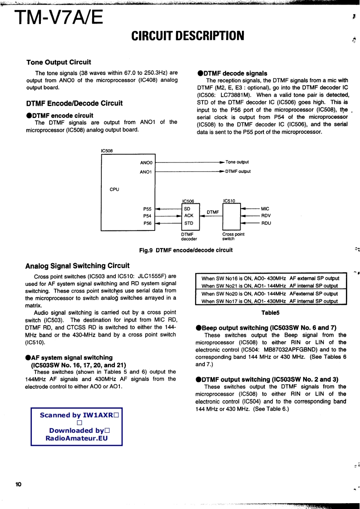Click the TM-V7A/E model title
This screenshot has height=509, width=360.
(59, 18)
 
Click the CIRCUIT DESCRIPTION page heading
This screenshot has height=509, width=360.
(187, 35)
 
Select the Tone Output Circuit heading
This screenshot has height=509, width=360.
(59, 62)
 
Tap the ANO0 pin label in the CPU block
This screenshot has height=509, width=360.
(146, 162)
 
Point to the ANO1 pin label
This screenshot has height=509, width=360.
(146, 172)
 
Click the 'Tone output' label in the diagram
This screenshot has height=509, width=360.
(237, 162)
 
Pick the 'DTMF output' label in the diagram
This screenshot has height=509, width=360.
(238, 171)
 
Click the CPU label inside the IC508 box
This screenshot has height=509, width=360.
(114, 189)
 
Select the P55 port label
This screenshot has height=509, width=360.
(147, 209)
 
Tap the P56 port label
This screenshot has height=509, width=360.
(147, 223)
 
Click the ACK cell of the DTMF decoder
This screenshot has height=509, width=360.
(188, 216)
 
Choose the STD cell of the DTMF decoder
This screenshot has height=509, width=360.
(188, 223)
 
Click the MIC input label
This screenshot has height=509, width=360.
(266, 209)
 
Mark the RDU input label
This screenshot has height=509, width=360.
(266, 223)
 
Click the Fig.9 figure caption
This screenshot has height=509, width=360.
(186, 250)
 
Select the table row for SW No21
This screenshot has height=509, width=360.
(270, 286)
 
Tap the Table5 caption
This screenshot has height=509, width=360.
(270, 313)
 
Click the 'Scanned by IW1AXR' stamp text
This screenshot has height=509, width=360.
(77, 415)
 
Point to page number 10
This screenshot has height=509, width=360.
(18, 485)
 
